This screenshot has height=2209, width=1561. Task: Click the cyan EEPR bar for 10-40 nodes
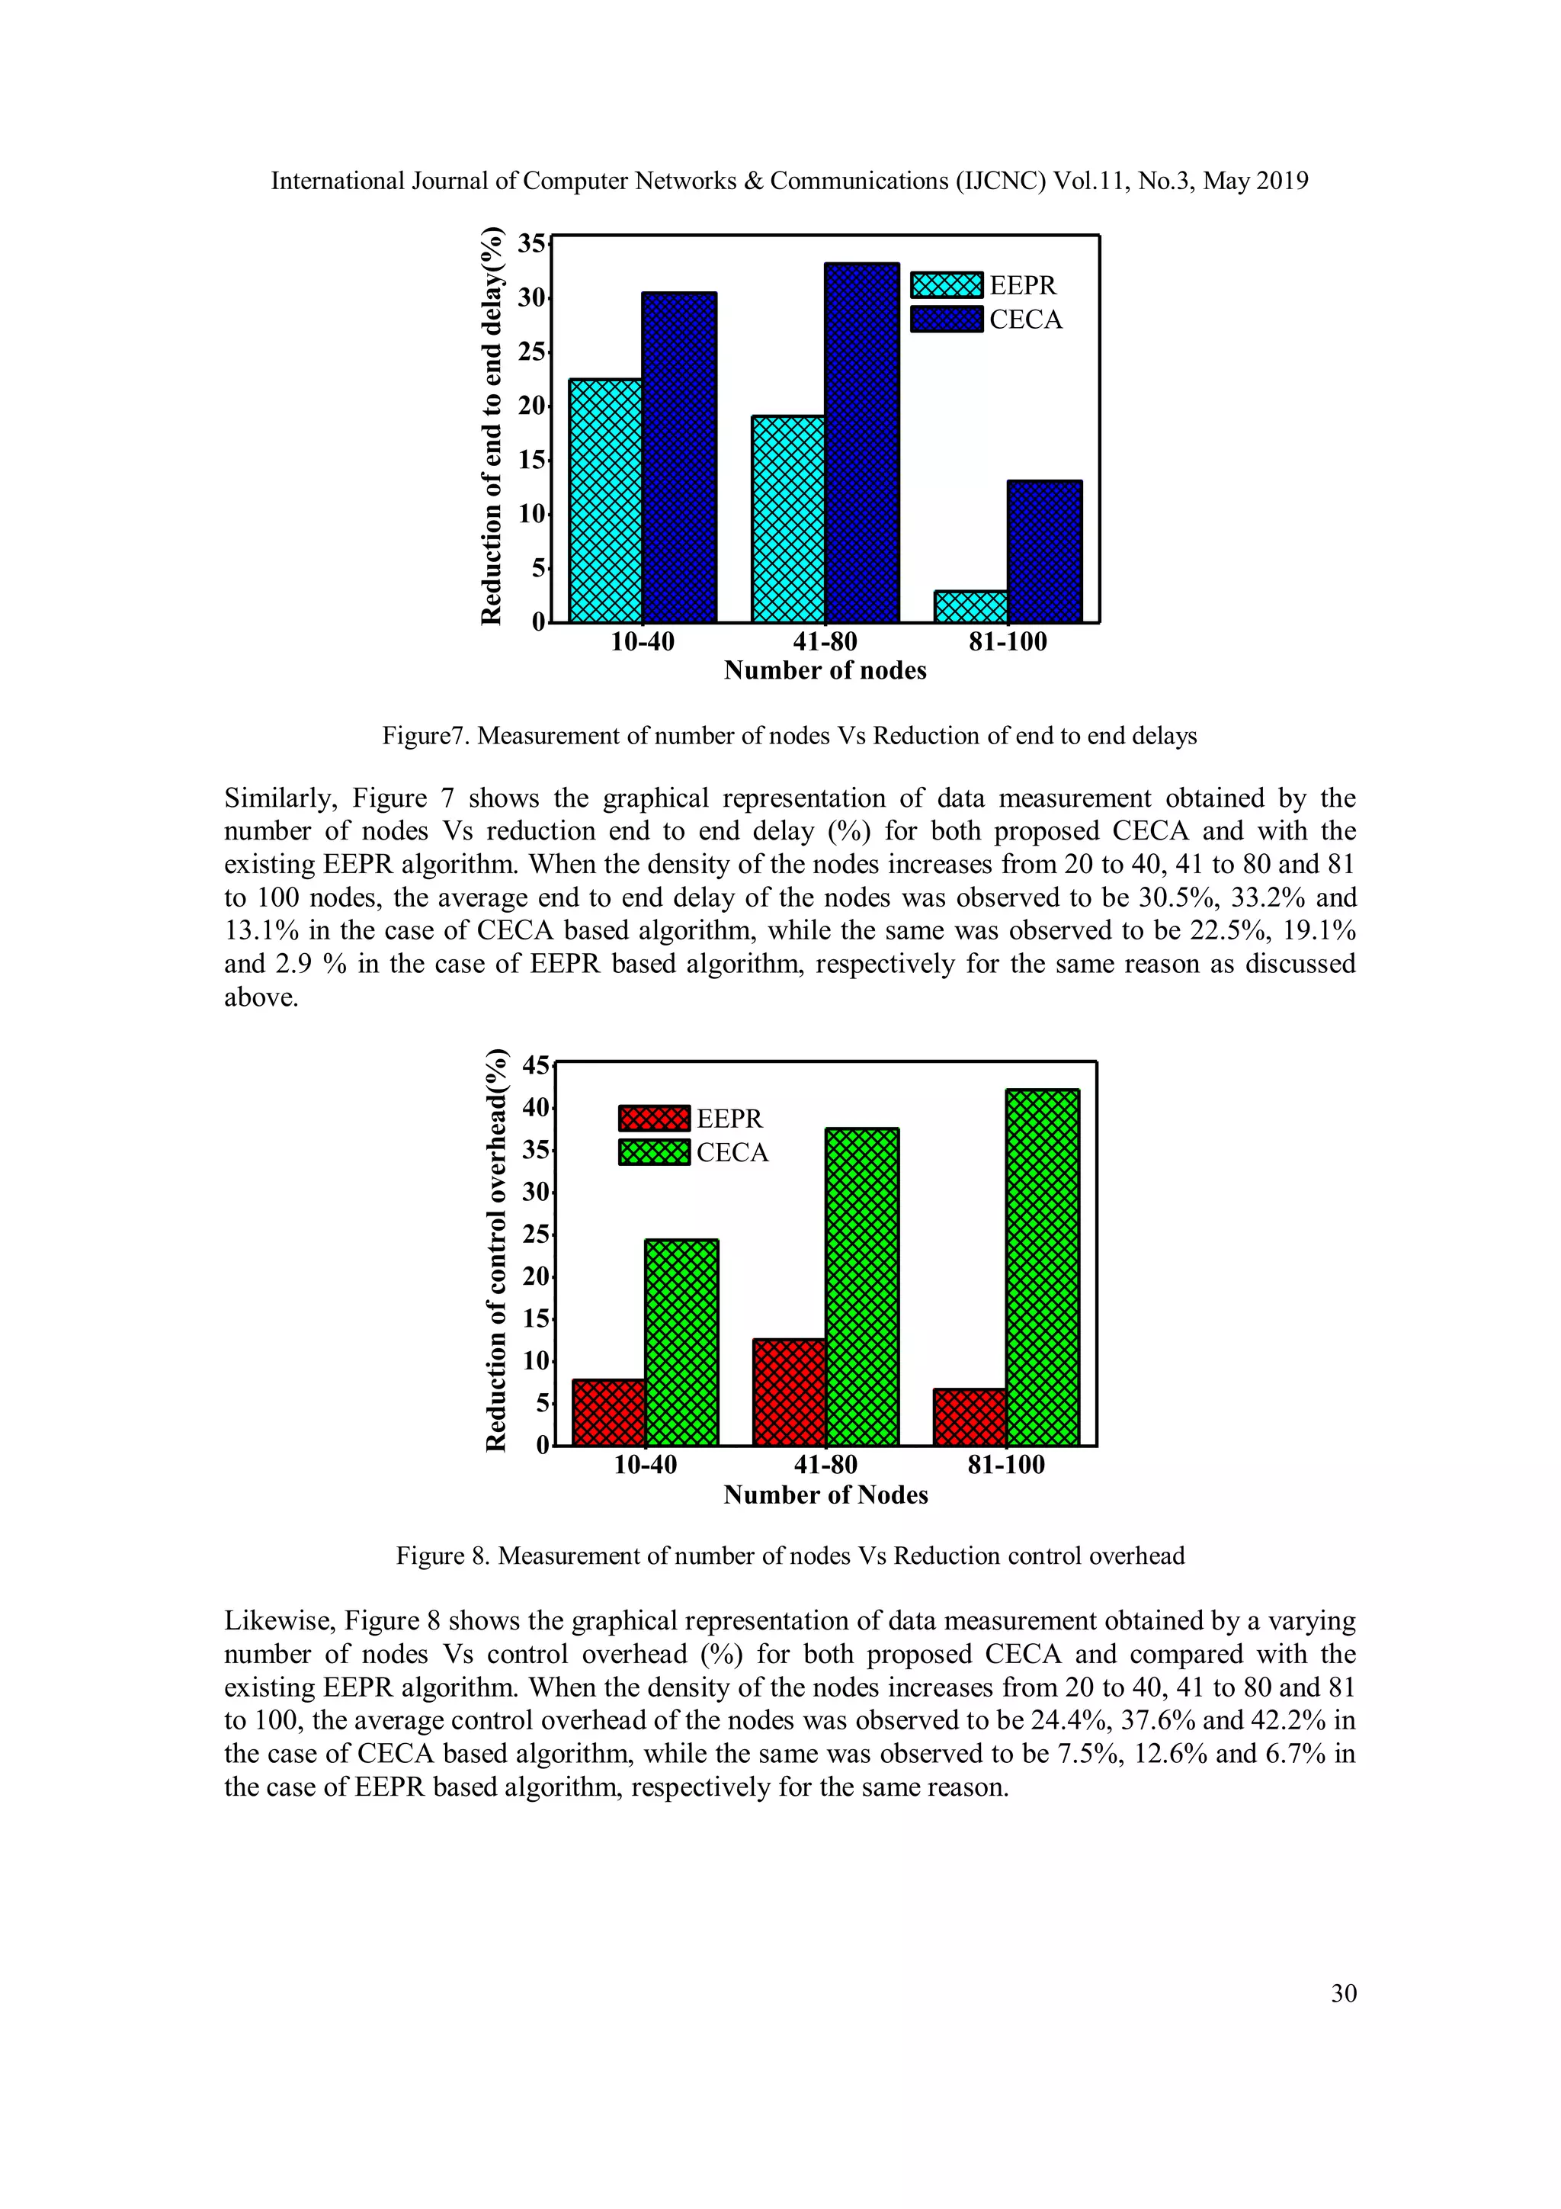[605, 500]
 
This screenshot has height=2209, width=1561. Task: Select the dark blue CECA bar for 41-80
[862, 442]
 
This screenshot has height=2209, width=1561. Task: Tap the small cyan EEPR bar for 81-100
[970, 606]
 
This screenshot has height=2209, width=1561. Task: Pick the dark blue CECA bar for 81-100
[1044, 551]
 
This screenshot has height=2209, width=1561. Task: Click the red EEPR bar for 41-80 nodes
[789, 1392]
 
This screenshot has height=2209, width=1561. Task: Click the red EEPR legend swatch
[654, 1118]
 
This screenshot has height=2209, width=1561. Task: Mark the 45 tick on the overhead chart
[535, 1066]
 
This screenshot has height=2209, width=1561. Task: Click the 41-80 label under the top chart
[824, 642]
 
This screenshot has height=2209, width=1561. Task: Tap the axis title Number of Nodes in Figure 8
[825, 1495]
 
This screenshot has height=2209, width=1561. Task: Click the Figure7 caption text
[789, 736]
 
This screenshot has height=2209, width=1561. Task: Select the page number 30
[1343, 1992]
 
